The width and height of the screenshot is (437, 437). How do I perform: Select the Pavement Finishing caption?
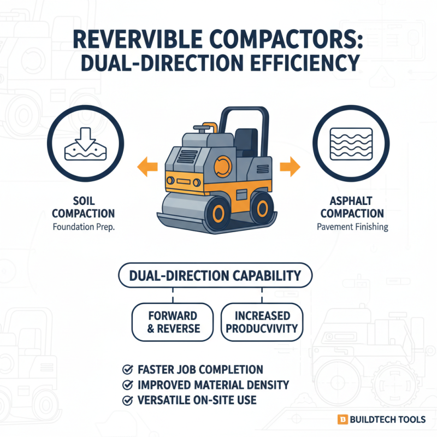coord(353,226)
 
